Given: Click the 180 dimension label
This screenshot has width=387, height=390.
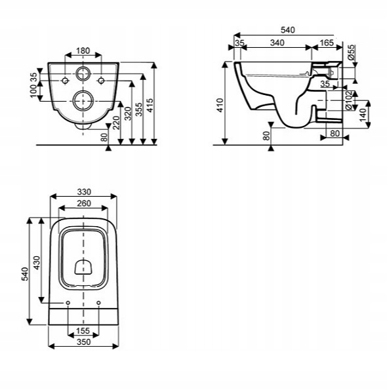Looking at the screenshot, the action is [x=83, y=50].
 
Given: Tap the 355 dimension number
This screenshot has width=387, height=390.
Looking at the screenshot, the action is [x=139, y=109].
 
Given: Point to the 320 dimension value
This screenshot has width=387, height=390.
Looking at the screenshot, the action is [x=128, y=113].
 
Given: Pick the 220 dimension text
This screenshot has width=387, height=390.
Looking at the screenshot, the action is [x=117, y=123].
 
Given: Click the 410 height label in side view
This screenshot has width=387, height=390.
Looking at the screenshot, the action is [x=220, y=106].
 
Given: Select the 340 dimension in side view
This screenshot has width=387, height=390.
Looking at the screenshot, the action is [x=277, y=43].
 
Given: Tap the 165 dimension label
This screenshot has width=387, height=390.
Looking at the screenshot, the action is [x=327, y=43].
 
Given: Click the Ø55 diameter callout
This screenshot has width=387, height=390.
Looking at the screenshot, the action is [x=351, y=52].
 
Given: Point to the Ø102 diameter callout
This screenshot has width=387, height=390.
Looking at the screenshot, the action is [x=349, y=100].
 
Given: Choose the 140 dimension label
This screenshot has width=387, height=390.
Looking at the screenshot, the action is [x=363, y=115].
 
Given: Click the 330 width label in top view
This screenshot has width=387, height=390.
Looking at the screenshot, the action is [x=84, y=192].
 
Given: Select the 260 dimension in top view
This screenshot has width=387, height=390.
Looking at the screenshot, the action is [x=84, y=203].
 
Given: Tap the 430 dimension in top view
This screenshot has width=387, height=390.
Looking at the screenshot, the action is [x=37, y=263].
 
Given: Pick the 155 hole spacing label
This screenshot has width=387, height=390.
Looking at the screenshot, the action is [x=83, y=331].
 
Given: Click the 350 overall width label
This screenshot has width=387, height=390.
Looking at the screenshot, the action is [x=84, y=342].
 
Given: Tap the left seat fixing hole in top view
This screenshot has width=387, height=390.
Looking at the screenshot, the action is [x=68, y=303].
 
